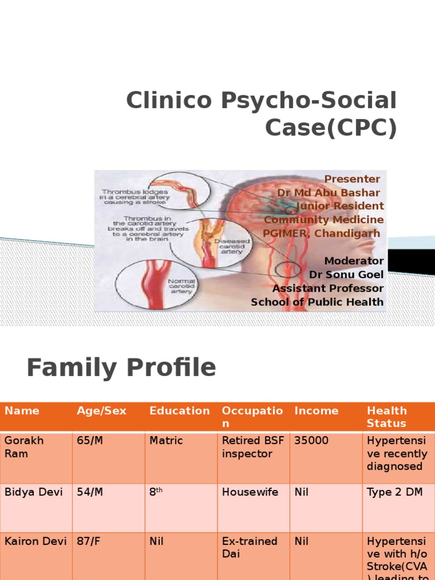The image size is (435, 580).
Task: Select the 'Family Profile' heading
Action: point(121,368)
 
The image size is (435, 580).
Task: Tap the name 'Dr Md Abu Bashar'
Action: point(329,193)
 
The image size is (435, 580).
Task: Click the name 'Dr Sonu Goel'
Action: point(346,275)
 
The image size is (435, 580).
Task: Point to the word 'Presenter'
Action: point(352,179)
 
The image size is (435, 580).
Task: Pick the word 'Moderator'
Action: point(354,261)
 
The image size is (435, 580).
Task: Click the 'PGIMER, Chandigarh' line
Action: point(321,233)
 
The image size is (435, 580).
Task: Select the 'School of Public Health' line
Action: point(317,302)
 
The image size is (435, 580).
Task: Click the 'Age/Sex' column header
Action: point(101,411)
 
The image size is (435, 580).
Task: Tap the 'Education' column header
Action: point(180,411)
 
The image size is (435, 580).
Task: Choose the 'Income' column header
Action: point(316,411)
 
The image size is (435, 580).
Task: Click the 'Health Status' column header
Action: point(387,417)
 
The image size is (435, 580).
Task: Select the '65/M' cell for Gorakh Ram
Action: point(90,441)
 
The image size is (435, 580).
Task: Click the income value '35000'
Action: point(312,441)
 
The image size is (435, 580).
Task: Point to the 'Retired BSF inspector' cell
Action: point(253,447)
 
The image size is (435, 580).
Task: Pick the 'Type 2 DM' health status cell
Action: point(395,492)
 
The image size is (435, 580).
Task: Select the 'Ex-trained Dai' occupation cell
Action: point(249,547)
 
